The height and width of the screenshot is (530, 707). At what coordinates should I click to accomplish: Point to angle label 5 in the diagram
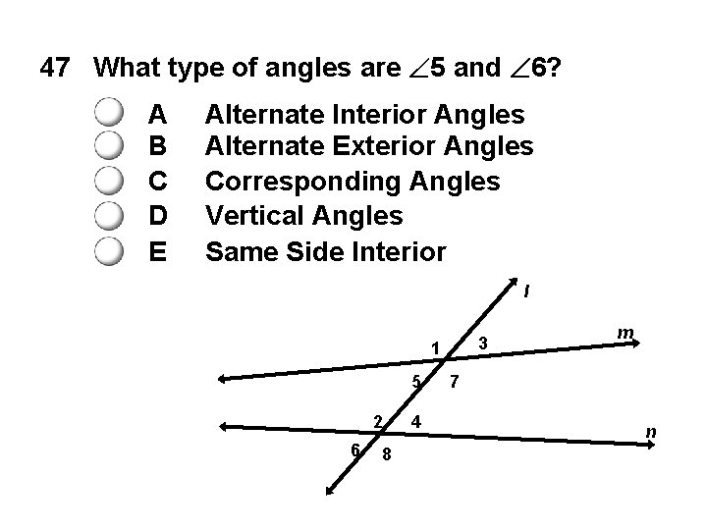[416, 381]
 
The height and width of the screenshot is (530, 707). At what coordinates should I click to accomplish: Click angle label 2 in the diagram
[378, 421]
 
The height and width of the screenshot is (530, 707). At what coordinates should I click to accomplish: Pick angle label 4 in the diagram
[417, 422]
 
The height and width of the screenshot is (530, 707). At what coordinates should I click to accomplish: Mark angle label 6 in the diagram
[355, 449]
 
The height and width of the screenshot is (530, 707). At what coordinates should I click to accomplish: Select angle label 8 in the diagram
[387, 454]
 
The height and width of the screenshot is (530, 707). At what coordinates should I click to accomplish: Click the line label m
[624, 335]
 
